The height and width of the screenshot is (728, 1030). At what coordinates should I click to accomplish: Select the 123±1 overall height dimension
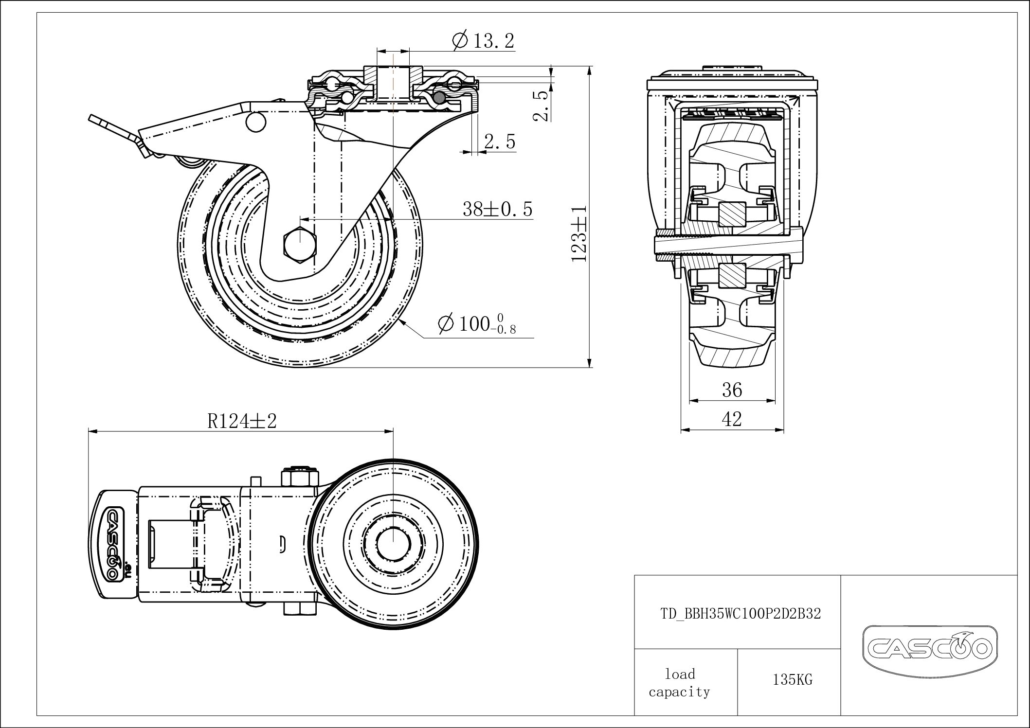tap(579, 234)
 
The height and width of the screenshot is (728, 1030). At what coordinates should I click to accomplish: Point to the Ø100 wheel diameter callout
tap(476, 324)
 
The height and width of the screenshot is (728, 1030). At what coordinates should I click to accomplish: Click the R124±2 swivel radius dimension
tap(242, 421)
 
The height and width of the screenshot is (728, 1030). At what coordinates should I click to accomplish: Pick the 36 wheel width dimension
tap(732, 390)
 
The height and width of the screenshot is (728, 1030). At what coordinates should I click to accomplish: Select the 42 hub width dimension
tap(732, 419)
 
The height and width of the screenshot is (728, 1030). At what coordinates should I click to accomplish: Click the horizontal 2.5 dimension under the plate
tap(499, 142)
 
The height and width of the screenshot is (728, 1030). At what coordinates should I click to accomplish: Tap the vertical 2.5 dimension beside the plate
tap(541, 105)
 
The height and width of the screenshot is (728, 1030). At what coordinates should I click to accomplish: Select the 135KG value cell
tap(792, 680)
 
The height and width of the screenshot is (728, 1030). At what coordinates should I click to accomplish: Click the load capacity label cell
tap(680, 682)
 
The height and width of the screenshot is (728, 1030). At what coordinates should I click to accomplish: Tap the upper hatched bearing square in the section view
tap(732, 214)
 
